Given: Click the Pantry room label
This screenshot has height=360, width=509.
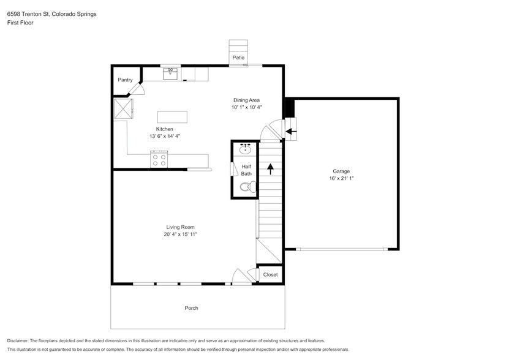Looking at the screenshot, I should coord(125,80).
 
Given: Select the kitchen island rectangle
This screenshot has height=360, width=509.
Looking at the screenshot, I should coord(172,117).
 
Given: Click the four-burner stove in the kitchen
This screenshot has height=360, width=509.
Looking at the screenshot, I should coord(159,160).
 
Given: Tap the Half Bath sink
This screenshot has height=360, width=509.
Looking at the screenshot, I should coord(246,149).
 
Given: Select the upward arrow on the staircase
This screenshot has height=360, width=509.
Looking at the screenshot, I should coord(270,169).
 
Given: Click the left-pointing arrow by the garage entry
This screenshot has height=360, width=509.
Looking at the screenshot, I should coord(292,130).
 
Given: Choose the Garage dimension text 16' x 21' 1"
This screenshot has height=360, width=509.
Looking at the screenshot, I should coord(341,179).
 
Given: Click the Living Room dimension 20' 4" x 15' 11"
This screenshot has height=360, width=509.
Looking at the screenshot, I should coord(180,234).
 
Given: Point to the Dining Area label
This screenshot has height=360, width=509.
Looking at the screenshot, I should coord(246,100).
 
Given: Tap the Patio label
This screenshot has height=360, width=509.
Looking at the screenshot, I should coord(238,58).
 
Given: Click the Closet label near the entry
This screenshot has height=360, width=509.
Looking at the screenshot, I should coord(270,274).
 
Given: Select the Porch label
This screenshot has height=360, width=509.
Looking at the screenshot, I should coord(192,308).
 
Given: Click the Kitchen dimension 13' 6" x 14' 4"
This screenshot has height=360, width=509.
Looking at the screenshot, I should coord(164,136).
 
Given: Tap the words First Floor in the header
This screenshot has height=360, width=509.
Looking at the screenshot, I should coord(20,23).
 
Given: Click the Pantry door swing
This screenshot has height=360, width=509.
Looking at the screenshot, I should coord(138,89).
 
